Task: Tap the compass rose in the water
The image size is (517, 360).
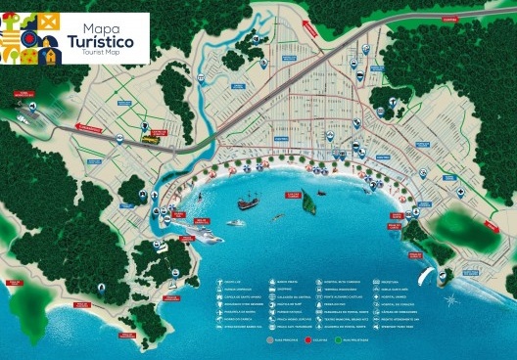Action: point(449,300)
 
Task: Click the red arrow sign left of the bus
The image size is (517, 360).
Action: point(90,128)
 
